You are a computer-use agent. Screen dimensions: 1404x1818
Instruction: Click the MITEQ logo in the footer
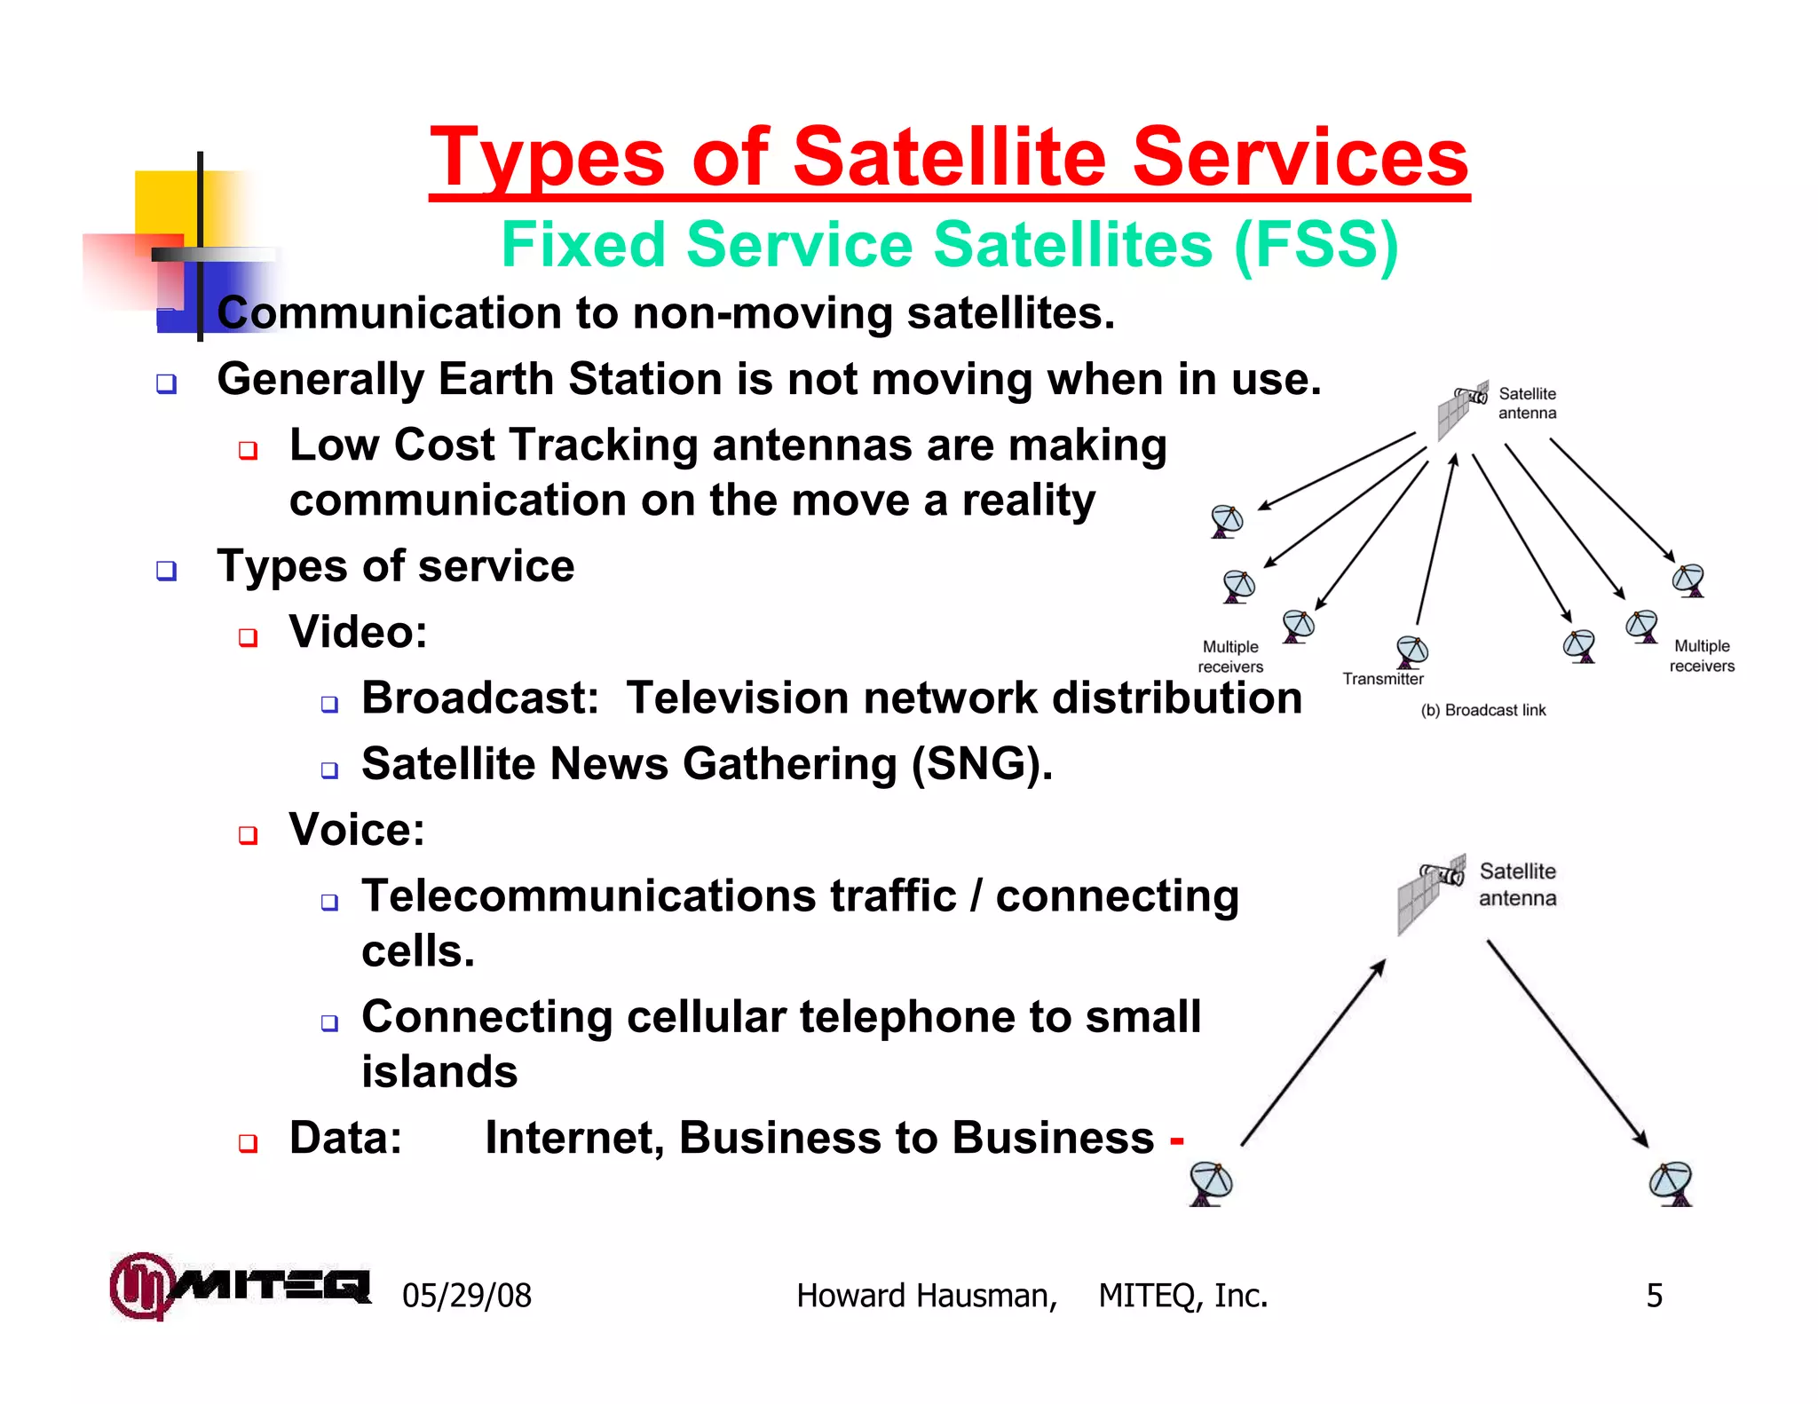pyautogui.click(x=240, y=1285)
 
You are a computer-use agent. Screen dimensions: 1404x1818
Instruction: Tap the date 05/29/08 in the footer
pyautogui.click(x=467, y=1296)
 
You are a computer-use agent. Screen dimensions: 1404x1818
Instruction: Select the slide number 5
pyautogui.click(x=1654, y=1296)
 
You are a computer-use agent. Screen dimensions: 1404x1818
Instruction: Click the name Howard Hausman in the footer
pyautogui.click(x=926, y=1296)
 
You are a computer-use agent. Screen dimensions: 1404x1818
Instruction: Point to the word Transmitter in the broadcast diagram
pyautogui.click(x=1382, y=679)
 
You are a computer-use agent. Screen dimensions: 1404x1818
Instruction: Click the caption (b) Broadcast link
pyautogui.click(x=1482, y=710)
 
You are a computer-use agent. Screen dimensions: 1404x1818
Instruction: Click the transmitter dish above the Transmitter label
pyautogui.click(x=1411, y=651)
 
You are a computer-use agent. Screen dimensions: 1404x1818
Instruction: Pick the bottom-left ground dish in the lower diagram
pyautogui.click(x=1211, y=1183)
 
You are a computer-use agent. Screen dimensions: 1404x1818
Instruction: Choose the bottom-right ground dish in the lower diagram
pyautogui.click(x=1672, y=1183)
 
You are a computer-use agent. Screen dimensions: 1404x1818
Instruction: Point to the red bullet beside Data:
pyautogui.click(x=248, y=1142)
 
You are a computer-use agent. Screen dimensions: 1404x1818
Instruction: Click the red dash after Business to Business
pyautogui.click(x=1177, y=1140)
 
